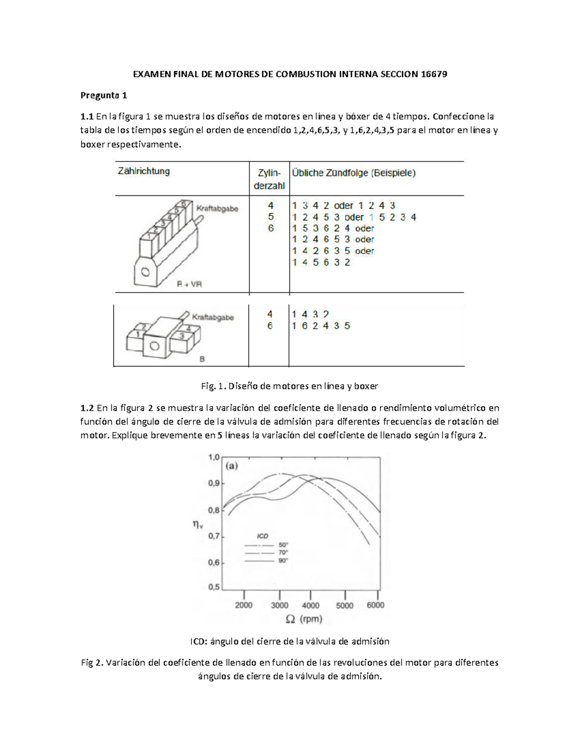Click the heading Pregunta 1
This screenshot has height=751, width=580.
[103, 95]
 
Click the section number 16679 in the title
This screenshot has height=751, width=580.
[434, 74]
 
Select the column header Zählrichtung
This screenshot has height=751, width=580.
[144, 171]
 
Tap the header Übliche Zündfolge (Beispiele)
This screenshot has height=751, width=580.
[353, 173]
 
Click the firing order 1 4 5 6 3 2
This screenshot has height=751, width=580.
[321, 262]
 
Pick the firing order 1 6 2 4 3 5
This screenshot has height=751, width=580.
[321, 326]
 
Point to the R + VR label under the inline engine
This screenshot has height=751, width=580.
[189, 284]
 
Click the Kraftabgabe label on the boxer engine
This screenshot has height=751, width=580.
[213, 318]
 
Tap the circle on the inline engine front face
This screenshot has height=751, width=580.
[145, 272]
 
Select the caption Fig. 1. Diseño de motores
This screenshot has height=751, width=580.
[289, 386]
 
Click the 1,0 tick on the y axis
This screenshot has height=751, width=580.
[214, 457]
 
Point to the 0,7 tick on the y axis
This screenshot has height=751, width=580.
[214, 536]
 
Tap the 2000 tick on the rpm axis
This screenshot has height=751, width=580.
[244, 605]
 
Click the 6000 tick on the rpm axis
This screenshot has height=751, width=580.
[376, 605]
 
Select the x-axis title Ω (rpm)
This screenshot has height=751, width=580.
[304, 619]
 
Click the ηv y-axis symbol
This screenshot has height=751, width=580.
[198, 524]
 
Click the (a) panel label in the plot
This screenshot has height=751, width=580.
[232, 466]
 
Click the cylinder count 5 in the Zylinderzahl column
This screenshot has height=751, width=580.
[271, 217]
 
